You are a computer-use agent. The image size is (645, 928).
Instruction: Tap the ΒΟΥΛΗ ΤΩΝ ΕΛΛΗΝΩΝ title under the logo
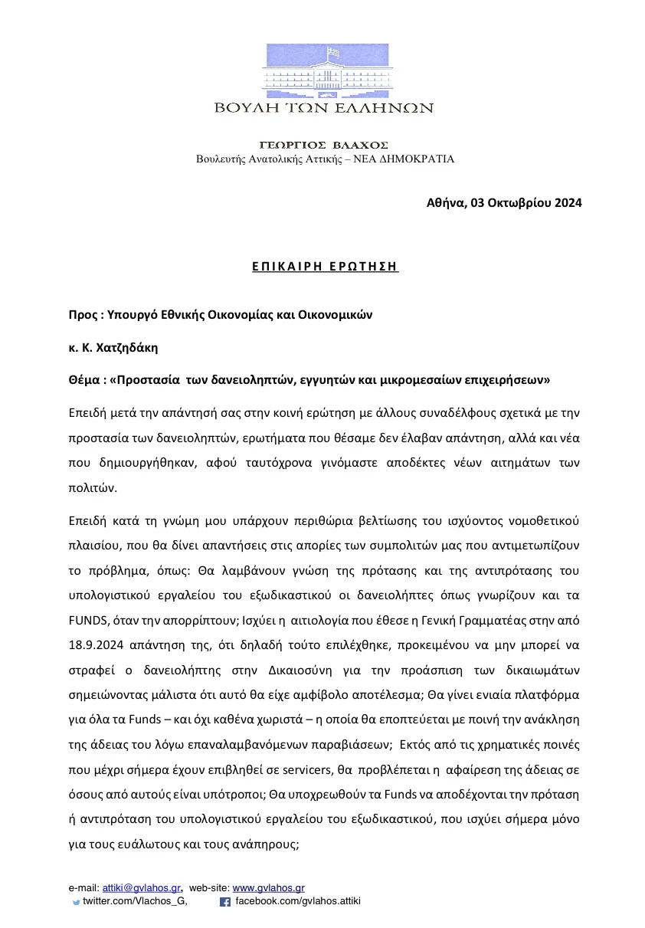(324, 108)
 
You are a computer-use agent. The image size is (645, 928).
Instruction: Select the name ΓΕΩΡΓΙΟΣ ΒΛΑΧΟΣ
(324, 145)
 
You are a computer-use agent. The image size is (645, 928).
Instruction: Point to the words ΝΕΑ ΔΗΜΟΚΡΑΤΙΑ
(414, 159)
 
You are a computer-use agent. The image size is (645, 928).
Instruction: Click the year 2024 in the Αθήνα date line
(566, 203)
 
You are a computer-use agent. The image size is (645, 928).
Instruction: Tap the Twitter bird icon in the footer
(76, 903)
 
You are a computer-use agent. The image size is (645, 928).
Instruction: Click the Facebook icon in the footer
(225, 902)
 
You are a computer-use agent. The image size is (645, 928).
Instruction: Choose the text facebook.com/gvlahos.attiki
(297, 901)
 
